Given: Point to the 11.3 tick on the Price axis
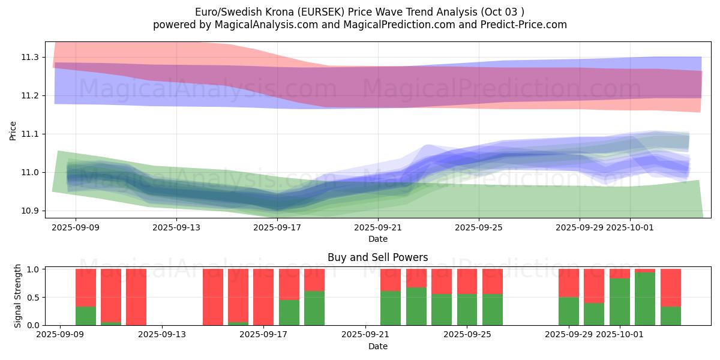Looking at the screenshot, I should click(x=31, y=57).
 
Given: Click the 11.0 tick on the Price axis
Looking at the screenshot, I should click(x=31, y=172).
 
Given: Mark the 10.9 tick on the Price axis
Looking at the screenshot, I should click(x=31, y=211).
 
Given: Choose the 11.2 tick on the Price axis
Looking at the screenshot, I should click(x=31, y=95).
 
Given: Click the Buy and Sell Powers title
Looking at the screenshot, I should click(x=377, y=257).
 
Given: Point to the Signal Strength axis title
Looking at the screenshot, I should click(x=18, y=296).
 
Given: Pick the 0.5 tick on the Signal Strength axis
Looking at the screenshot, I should click(x=33, y=297).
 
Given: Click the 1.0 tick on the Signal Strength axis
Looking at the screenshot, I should click(x=33, y=269).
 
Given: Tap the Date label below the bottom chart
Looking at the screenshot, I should click(x=377, y=346).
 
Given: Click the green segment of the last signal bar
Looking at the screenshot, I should click(x=670, y=316).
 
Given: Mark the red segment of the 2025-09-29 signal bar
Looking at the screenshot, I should click(x=568, y=283).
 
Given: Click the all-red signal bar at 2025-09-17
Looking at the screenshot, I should click(x=263, y=297).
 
